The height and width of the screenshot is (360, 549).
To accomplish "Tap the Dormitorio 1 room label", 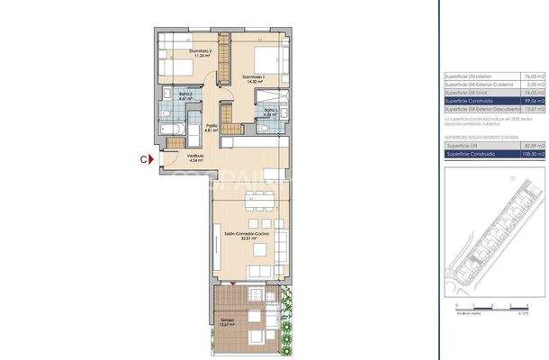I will pos(254,78).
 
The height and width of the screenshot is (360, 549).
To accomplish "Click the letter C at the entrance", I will pos(144,159).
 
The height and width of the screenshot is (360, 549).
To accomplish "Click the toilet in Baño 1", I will pos(260,126).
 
